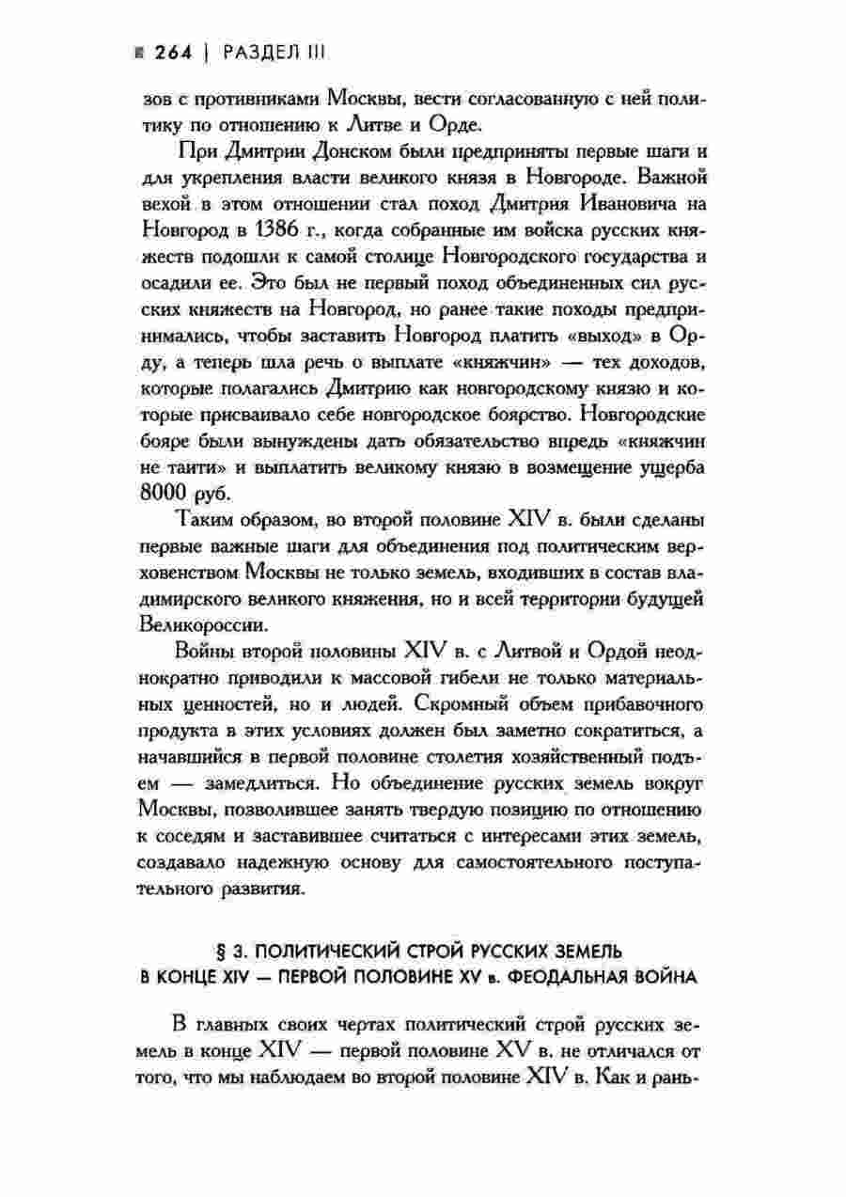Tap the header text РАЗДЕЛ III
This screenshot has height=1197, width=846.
274,54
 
